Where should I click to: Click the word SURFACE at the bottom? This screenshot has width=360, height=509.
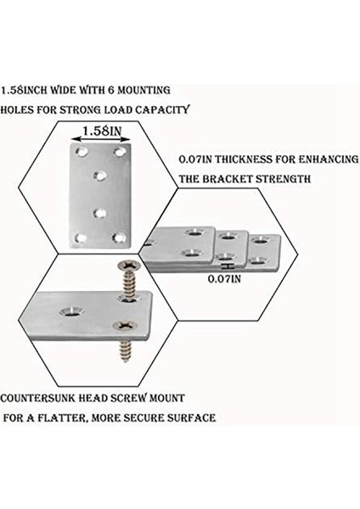pyautogui.click(x=191, y=418)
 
